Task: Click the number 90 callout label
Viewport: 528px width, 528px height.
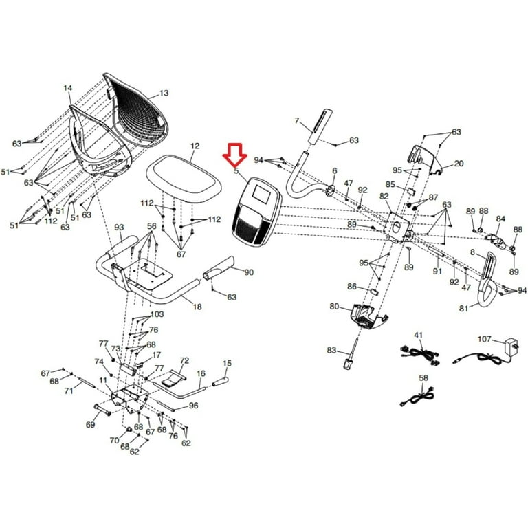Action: [249, 272]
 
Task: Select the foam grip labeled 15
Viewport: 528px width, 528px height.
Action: [225, 378]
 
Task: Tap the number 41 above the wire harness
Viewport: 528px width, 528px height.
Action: [417, 335]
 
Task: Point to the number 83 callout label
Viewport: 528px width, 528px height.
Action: [332, 351]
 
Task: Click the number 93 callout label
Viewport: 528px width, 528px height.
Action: [119, 228]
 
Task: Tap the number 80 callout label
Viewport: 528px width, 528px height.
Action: [334, 306]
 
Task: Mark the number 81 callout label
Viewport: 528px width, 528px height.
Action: [464, 308]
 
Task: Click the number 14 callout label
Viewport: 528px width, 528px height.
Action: [67, 88]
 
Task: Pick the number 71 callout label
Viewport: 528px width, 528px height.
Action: [69, 390]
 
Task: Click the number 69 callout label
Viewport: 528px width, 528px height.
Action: [90, 425]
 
